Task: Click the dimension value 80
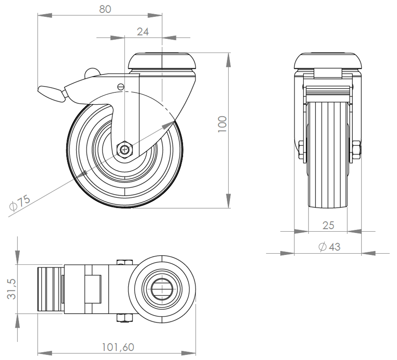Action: point(105,9)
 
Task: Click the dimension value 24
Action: point(143,31)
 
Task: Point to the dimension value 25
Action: point(328,225)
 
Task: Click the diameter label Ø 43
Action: point(330,247)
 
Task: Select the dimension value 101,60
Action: point(118,347)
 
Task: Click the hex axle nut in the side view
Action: point(124,148)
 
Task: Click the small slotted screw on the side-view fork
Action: point(120,86)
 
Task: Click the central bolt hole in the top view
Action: point(162,288)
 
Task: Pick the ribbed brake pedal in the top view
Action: point(50,289)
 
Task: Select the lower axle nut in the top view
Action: point(124,317)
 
